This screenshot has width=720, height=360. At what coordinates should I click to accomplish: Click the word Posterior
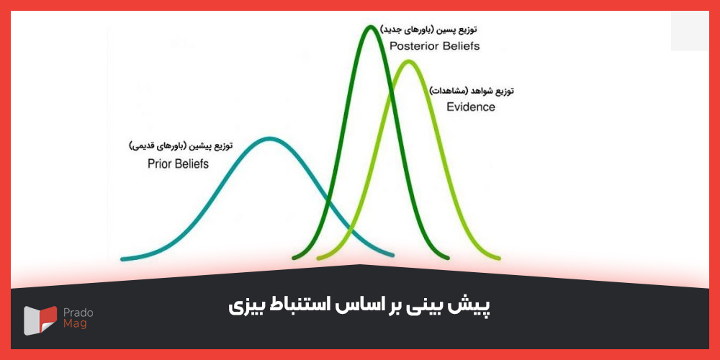[413, 46]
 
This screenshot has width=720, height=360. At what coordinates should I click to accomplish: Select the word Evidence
[471, 107]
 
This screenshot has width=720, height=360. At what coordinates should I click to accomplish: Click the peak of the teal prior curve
[269, 138]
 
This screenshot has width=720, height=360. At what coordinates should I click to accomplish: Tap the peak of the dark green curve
[370, 27]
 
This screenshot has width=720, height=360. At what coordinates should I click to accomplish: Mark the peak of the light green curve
[408, 61]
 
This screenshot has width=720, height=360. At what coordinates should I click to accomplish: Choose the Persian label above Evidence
[472, 91]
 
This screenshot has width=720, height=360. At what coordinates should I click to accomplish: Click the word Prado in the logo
[78, 312]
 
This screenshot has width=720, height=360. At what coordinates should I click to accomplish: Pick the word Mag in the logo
[74, 325]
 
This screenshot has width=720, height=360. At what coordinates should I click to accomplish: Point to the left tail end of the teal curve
[123, 258]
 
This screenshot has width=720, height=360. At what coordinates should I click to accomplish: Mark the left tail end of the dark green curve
[295, 257]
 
